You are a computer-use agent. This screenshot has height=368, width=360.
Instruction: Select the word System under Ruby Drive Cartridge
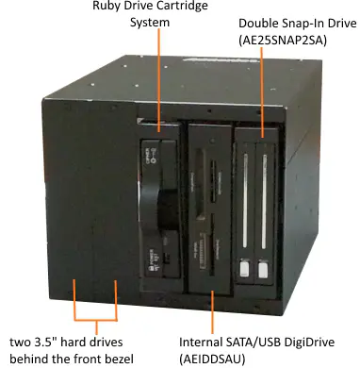coord(149,23)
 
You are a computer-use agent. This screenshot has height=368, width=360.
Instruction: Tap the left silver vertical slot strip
coord(248,203)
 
